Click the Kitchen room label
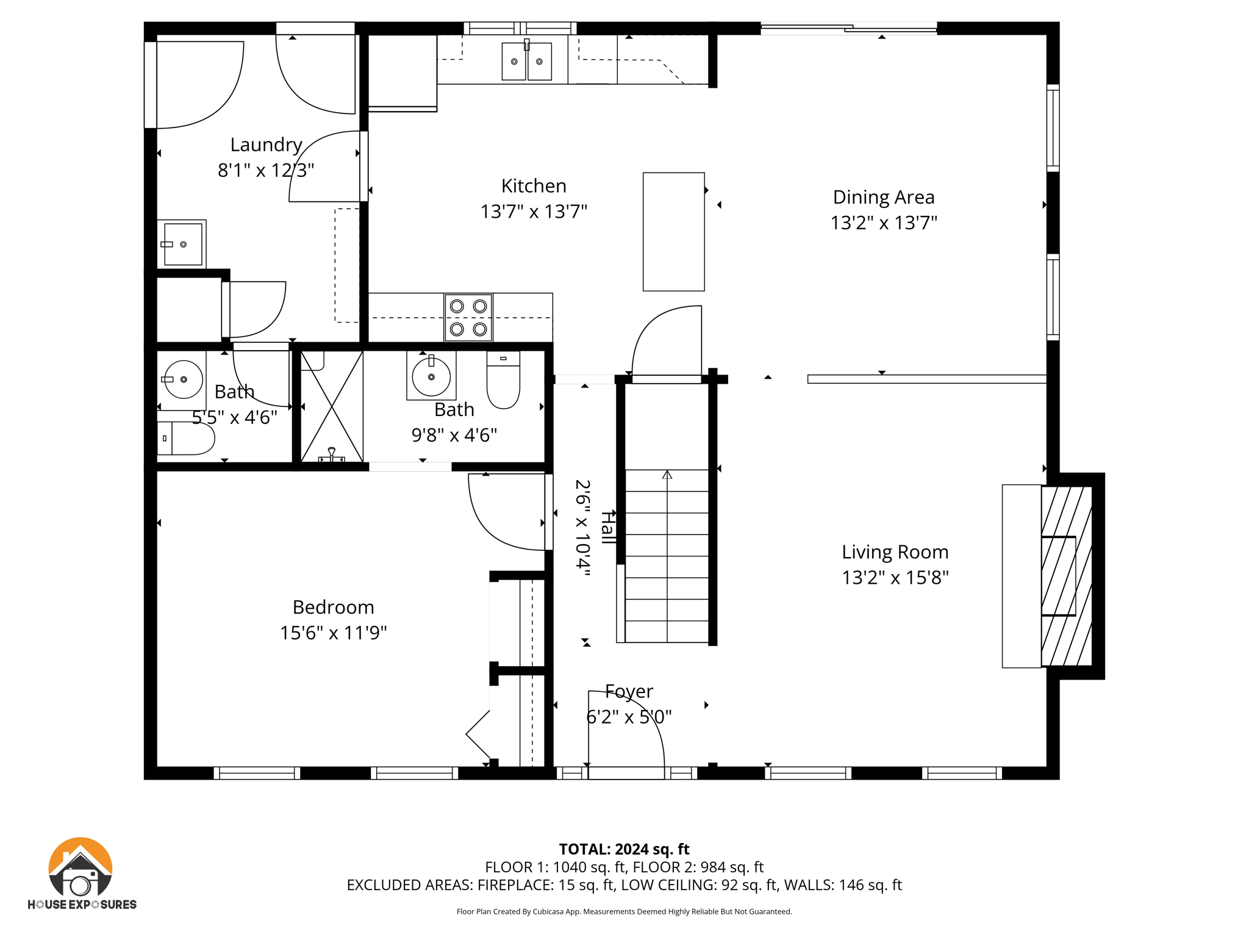pos(534,185)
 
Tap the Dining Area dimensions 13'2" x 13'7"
pos(884,223)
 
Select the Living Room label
pos(895,552)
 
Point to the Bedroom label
pos(334,607)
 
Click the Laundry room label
pos(267,145)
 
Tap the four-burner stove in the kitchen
pos(468,317)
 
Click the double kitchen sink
pos(527,60)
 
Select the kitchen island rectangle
pos(674,232)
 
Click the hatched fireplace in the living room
pos(1067,576)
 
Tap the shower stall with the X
pos(332,406)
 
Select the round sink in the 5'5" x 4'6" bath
pos(183,379)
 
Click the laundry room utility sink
pos(182,244)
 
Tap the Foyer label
pos(629,691)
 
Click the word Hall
pos(607,528)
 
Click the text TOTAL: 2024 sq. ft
pos(624,849)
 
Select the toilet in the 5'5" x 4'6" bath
pos(186,438)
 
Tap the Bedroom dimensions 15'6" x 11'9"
pos(334,633)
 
